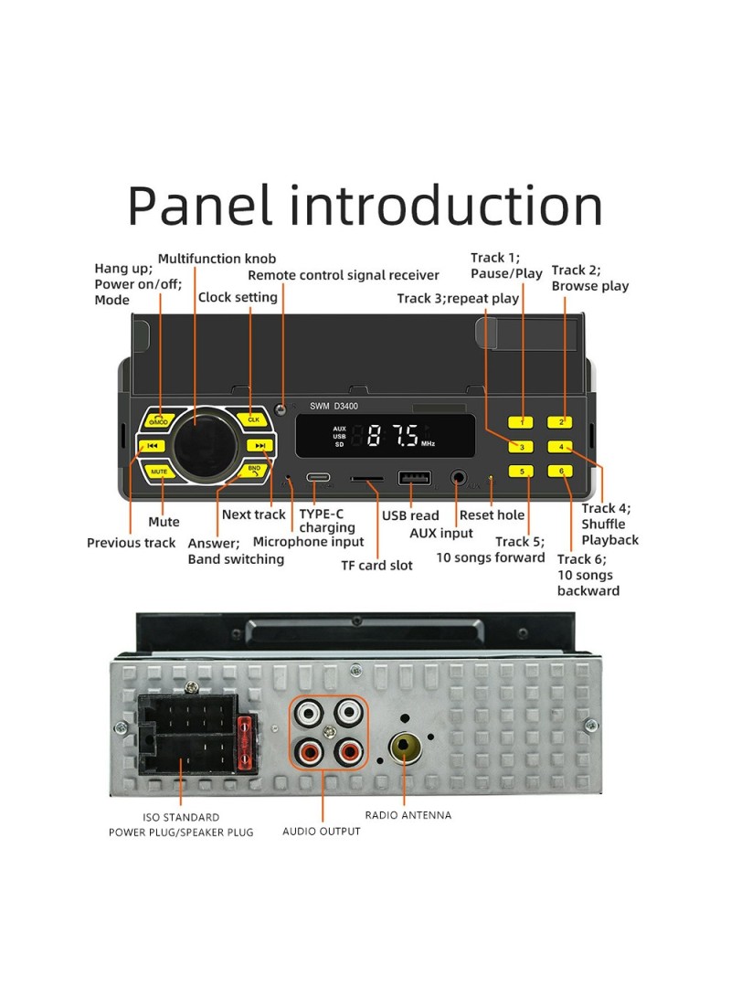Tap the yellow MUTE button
pos(159,472)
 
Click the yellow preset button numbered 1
pos(521,422)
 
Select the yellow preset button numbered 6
pos(560,472)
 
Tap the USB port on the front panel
pos(415,478)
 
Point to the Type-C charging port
pos(318,478)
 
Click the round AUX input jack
pos(458,478)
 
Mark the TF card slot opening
pos(366,479)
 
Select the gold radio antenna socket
pos(405,748)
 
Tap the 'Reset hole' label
pos(492,515)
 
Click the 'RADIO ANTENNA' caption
pos(408,815)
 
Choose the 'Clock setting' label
pos(238,297)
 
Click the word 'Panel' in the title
pos(200,206)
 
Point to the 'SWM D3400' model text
pos(334,406)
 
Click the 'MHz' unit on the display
pos(428,443)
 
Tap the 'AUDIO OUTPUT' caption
pos(322,832)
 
